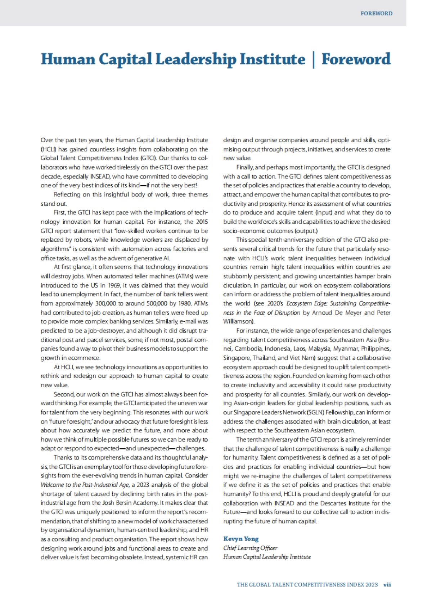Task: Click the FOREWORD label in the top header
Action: click(376, 14)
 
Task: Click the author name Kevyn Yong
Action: click(241, 539)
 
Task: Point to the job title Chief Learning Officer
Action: click(251, 548)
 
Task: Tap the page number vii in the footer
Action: click(387, 584)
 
